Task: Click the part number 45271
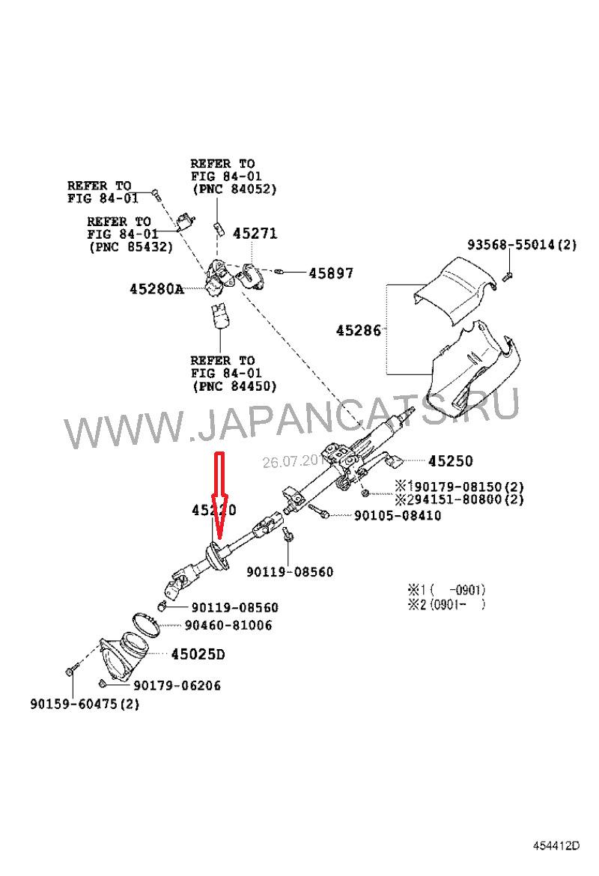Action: click(255, 234)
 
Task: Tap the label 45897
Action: click(331, 274)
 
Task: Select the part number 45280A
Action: click(156, 288)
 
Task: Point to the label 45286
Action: click(359, 329)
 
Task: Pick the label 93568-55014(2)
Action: click(522, 245)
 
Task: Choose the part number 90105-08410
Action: click(398, 516)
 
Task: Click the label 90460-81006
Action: click(228, 625)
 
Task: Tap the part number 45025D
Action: click(198, 654)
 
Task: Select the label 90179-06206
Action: click(177, 685)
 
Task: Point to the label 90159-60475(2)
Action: click(85, 704)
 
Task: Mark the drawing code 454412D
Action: click(556, 846)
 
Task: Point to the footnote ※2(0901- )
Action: click(446, 605)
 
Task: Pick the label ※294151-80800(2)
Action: click(459, 499)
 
